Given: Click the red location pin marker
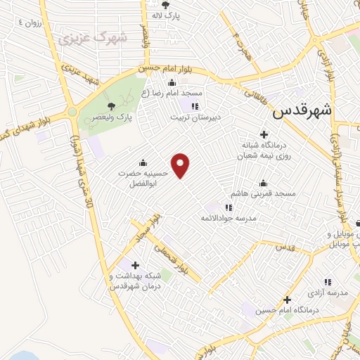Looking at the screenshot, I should click(181, 166).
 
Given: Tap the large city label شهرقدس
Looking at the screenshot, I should click(302, 112).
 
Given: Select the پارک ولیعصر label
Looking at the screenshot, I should click(114, 116).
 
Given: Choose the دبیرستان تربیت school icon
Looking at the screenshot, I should click(194, 106).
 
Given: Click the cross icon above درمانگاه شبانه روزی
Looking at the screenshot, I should click(264, 134).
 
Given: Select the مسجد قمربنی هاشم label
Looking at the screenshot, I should click(265, 193).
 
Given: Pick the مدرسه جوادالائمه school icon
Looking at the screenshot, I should click(228, 207).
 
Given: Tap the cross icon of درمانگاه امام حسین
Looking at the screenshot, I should click(287, 300).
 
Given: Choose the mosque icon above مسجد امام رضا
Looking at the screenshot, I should click(172, 82).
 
